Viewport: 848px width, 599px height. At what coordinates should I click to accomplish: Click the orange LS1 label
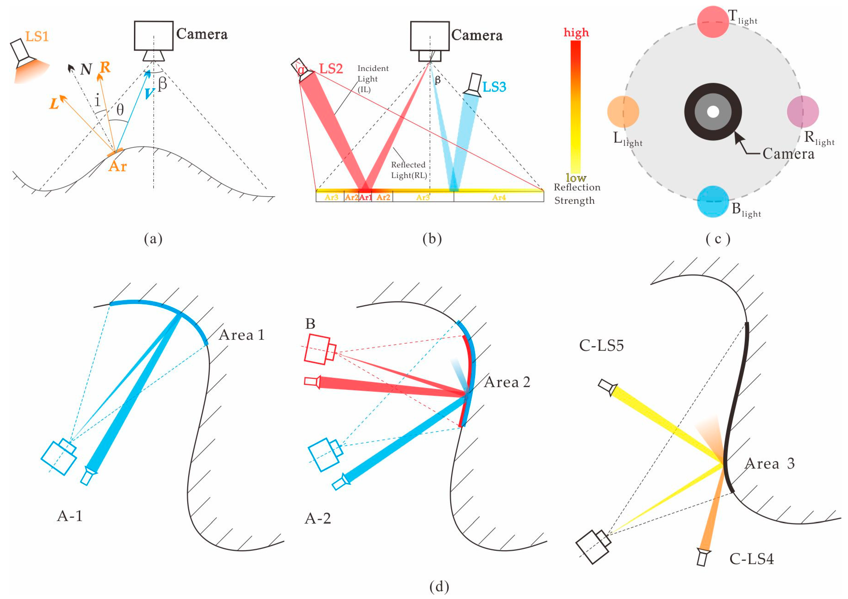pyautogui.click(x=37, y=37)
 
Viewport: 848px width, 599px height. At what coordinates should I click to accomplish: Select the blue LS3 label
pyautogui.click(x=494, y=87)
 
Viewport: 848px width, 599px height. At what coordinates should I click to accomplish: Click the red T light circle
pyautogui.click(x=713, y=22)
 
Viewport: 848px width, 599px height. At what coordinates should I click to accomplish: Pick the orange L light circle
pyautogui.click(x=623, y=111)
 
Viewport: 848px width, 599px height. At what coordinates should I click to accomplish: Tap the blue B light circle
pyautogui.click(x=713, y=201)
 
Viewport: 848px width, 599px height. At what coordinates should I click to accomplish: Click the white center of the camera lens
pyautogui.click(x=713, y=111)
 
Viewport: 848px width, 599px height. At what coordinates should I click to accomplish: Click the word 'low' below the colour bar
pyautogui.click(x=576, y=178)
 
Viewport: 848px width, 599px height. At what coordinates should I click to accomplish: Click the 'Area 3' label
pyautogui.click(x=770, y=463)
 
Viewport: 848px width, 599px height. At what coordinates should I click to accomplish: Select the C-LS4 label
pyautogui.click(x=751, y=559)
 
